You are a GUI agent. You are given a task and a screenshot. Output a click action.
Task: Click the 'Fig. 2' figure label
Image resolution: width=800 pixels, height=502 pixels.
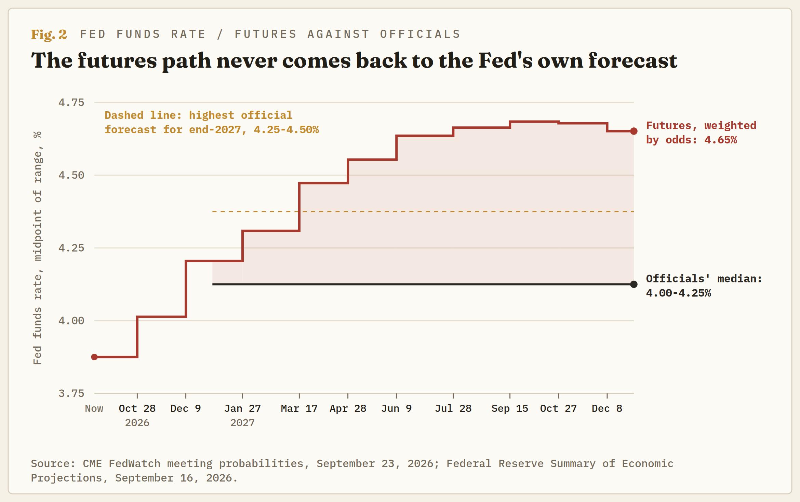point(49,34)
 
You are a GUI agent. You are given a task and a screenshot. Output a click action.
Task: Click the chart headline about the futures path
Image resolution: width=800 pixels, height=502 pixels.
point(354,61)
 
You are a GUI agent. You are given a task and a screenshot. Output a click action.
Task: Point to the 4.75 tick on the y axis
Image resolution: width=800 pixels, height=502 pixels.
point(71,102)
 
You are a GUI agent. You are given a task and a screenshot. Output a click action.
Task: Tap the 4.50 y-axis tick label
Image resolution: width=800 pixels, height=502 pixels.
point(71,175)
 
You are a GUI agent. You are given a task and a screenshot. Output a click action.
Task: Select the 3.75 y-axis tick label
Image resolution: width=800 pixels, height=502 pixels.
point(71,393)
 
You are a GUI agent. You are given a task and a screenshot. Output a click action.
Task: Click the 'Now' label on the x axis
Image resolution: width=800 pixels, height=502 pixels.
point(94,408)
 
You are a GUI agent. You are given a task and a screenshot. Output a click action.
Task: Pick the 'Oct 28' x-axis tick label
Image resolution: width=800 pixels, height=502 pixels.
point(137,408)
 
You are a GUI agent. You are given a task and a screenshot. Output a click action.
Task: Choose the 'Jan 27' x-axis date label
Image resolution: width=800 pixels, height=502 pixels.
point(242,408)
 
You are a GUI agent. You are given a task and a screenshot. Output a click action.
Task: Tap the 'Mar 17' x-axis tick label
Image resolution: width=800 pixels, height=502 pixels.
point(299,408)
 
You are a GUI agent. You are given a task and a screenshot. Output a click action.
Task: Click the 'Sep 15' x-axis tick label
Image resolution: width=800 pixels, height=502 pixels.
point(510,408)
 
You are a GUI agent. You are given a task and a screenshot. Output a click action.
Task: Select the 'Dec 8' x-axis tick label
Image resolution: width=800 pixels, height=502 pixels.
point(607,408)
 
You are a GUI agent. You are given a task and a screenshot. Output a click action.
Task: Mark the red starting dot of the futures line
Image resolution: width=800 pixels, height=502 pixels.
point(94,357)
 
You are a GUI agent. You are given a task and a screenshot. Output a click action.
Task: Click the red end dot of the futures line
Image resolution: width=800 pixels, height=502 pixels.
point(634,131)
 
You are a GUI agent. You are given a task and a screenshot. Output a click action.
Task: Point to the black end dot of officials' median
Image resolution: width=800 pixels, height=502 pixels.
point(634,284)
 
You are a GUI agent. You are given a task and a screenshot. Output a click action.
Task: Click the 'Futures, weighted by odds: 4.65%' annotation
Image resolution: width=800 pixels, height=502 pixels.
point(701,133)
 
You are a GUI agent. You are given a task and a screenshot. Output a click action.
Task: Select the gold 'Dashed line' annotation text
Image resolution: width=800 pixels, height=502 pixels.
point(212,123)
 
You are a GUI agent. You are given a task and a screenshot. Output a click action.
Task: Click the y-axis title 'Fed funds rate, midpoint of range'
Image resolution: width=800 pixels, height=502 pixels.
point(37,248)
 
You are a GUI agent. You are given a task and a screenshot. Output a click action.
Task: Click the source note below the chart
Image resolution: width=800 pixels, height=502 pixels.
point(352,471)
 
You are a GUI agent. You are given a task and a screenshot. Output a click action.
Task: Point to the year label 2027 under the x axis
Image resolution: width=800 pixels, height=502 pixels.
point(242,423)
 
